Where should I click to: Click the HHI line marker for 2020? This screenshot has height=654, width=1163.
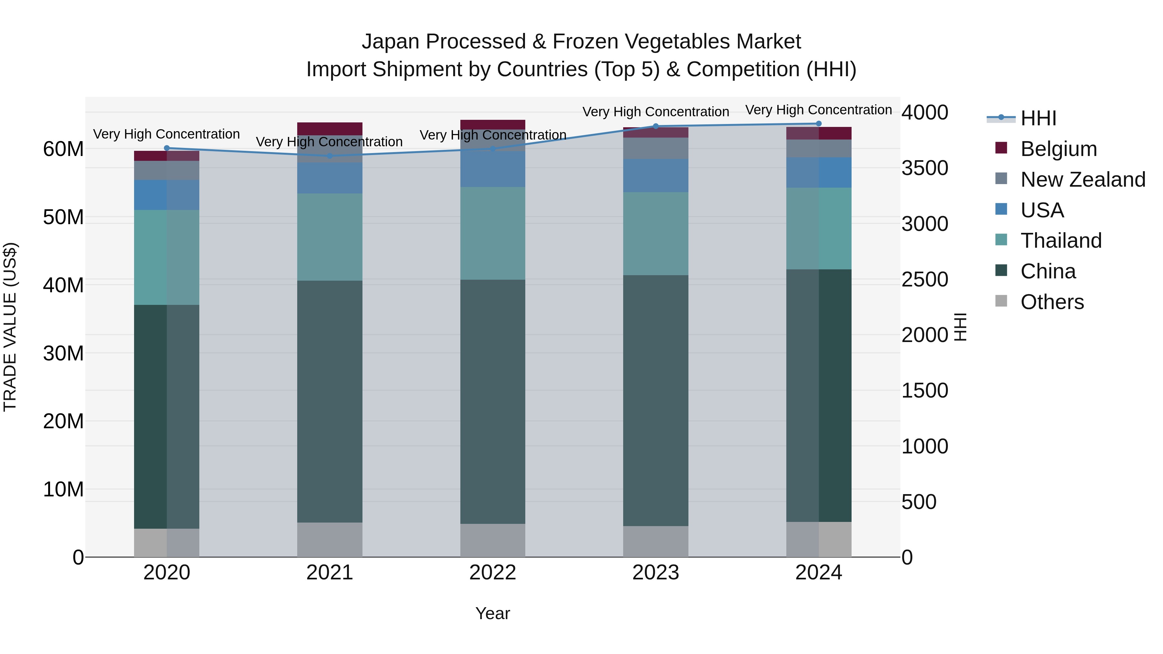pos(167,148)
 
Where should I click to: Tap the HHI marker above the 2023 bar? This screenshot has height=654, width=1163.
pos(655,126)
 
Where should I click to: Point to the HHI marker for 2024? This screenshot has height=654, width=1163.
pos(819,124)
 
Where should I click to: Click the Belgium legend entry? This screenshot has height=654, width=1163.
pos(1058,149)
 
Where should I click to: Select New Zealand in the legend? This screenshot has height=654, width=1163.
pos(1083,180)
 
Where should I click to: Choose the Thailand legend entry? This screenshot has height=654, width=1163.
pos(1061,241)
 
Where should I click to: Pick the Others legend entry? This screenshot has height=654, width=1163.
pos(1052,302)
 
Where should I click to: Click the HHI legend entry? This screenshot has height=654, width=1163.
pos(1038,118)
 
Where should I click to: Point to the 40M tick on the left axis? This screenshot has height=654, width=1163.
pos(63,285)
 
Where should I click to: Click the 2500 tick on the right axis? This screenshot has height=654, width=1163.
pos(925,280)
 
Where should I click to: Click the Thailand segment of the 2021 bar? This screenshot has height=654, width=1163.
pos(330,237)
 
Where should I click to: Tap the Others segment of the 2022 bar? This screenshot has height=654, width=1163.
pos(493,540)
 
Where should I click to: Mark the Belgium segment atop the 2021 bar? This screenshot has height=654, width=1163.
pos(330,129)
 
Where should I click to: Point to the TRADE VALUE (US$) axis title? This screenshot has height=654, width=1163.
pos(10,327)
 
